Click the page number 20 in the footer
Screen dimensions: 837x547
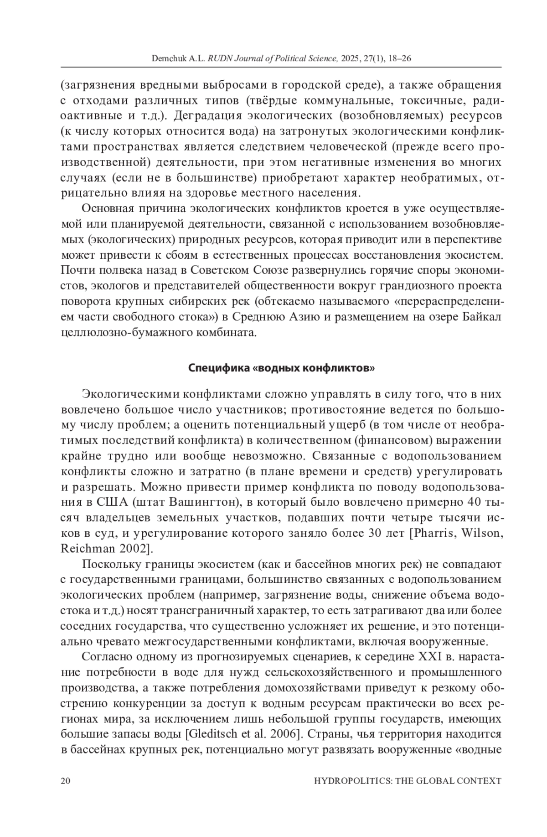[x=65, y=780]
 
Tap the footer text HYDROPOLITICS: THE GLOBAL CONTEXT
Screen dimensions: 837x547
[x=408, y=780]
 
